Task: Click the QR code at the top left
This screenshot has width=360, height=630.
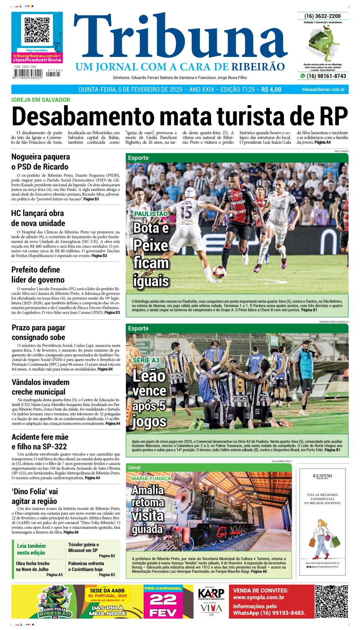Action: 37,30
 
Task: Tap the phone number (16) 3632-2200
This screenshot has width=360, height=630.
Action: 322,16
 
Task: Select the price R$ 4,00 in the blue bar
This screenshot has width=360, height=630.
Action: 271,90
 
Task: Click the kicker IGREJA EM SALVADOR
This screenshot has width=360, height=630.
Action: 40,100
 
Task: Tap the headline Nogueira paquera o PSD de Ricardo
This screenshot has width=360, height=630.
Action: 40,162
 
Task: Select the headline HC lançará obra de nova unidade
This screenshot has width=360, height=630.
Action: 37,218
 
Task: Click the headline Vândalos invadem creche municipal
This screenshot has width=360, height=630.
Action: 40,387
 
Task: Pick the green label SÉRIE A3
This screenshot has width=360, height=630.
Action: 146,360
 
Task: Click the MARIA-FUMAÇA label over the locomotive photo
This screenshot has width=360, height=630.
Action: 151,479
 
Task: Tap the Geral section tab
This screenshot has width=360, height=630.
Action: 134,467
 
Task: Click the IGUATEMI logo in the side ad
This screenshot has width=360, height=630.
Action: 322,476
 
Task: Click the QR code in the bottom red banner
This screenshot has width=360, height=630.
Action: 331,602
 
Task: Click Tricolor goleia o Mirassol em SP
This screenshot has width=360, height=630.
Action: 83,548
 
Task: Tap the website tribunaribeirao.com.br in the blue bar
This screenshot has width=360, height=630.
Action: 323,90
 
